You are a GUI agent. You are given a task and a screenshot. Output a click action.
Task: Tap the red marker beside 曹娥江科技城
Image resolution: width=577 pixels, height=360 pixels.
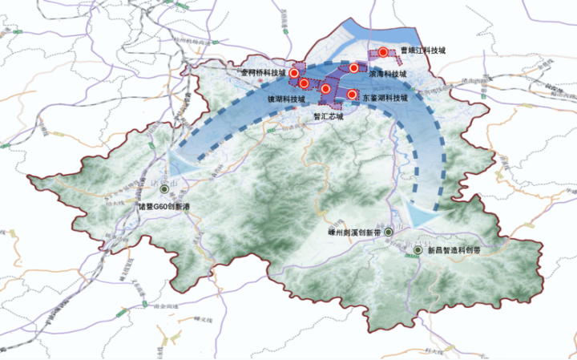click(384, 52)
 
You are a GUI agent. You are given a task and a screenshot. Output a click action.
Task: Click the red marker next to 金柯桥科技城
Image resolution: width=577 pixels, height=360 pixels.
click(294, 73)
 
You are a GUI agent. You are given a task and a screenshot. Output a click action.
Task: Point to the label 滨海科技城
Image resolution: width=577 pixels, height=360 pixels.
click(389, 74)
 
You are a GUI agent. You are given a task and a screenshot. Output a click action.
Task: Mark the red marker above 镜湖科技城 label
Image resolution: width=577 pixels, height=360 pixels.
click(305, 83)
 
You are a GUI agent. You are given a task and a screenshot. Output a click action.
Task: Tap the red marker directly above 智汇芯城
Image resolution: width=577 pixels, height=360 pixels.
click(326, 88)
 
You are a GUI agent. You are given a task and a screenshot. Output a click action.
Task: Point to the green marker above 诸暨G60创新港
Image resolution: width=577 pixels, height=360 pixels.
click(164, 189)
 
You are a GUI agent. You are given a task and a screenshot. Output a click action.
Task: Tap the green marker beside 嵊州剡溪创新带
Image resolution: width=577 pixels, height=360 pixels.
click(389, 232)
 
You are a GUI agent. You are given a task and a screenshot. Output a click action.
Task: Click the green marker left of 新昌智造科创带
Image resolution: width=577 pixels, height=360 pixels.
click(418, 251)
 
